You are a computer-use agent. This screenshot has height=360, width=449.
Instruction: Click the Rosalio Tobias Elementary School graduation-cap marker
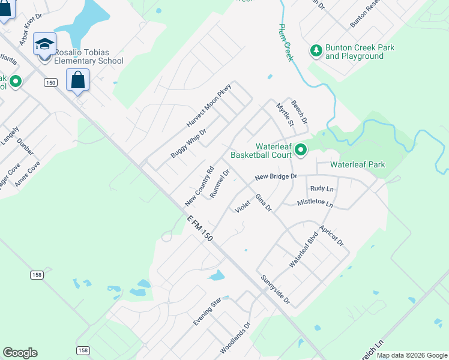(44, 44)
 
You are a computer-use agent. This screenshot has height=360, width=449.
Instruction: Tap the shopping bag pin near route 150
(77, 80)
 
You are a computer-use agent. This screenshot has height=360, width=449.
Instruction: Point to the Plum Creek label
(285, 42)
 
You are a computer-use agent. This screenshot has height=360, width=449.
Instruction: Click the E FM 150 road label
(200, 229)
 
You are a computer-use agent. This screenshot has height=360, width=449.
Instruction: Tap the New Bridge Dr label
(276, 177)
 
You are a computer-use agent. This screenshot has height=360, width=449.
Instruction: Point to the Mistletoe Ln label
(315, 203)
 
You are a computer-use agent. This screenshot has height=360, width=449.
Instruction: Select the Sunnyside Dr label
(276, 289)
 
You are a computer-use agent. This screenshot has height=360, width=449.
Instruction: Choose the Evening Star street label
(207, 311)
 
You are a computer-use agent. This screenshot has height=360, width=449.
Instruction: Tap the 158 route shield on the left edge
(37, 274)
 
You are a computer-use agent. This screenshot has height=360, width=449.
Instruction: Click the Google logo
(20, 353)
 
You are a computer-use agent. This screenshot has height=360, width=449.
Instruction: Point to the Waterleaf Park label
(358, 164)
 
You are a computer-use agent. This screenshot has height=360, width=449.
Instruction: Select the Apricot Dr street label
(331, 235)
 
